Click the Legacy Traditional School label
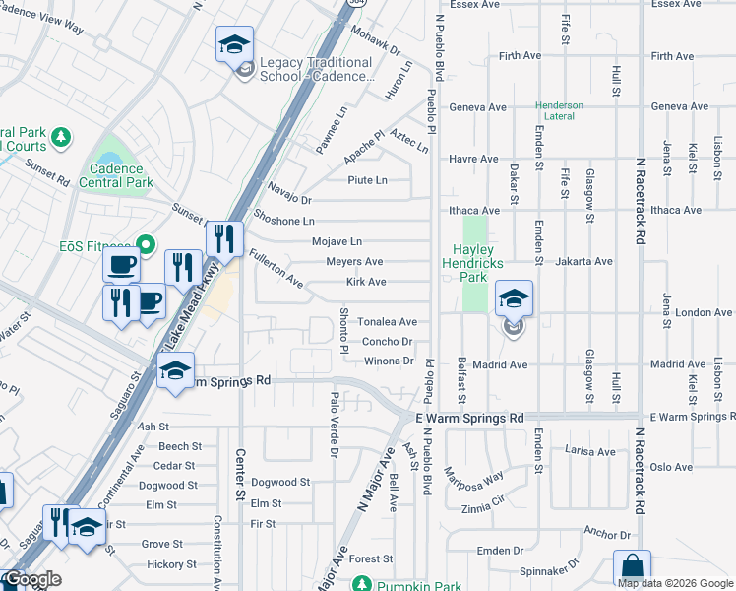pyautogui.click(x=316, y=69)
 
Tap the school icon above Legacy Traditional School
pyautogui.click(x=235, y=46)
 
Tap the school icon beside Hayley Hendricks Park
pyautogui.click(x=514, y=298)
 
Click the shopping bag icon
pyautogui.click(x=632, y=568)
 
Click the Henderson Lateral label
pyautogui.click(x=560, y=110)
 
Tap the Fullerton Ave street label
pyautogui.click(x=276, y=267)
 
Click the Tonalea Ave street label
pyautogui.click(x=387, y=322)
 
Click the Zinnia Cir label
pyautogui.click(x=485, y=501)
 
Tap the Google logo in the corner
pyautogui.click(x=31, y=579)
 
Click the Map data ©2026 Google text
pyautogui.click(x=675, y=583)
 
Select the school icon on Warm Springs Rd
pyautogui.click(x=176, y=371)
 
